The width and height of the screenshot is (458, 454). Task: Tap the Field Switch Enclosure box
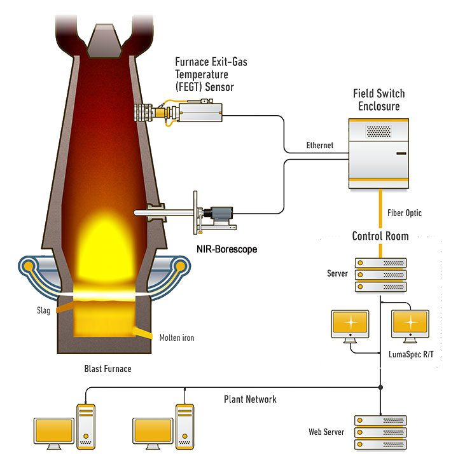tap(379, 155)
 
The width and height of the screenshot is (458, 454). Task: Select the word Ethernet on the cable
tap(320, 146)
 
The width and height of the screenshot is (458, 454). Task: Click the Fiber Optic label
tap(405, 213)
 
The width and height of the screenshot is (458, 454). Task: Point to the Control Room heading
tap(380, 236)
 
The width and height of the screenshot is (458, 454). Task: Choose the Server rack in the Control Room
tap(380, 275)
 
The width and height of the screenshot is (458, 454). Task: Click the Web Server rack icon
tap(380, 432)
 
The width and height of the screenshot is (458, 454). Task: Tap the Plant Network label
tap(250, 399)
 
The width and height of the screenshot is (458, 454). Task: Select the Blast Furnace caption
tap(108, 369)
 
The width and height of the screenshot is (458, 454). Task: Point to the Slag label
tap(43, 311)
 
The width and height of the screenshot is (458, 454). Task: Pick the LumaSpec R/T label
tap(411, 354)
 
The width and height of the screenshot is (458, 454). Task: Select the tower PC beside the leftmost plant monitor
tap(86, 426)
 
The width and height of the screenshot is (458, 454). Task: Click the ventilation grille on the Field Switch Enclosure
tap(378, 131)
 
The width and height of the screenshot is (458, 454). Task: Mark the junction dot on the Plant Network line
tap(380, 387)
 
